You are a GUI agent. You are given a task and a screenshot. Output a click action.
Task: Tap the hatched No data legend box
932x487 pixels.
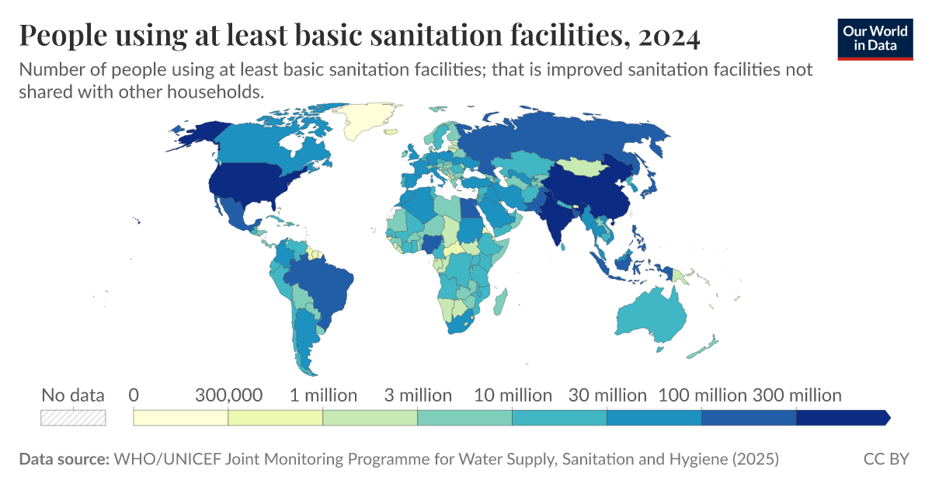click(x=73, y=417)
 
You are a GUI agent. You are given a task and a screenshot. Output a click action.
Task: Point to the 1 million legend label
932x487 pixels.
click(x=323, y=395)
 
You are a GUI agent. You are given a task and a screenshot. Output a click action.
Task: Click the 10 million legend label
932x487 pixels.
click(x=513, y=395)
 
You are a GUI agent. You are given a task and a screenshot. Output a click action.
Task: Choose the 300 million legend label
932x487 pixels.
click(x=796, y=395)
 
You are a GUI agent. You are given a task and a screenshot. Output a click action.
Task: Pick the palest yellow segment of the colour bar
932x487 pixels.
click(x=180, y=418)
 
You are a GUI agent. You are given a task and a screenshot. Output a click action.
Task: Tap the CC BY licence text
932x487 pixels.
click(x=885, y=459)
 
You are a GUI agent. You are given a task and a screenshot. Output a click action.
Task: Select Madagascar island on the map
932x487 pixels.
click(x=501, y=301)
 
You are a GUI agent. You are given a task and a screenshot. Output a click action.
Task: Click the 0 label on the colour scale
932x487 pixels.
click(x=134, y=395)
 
